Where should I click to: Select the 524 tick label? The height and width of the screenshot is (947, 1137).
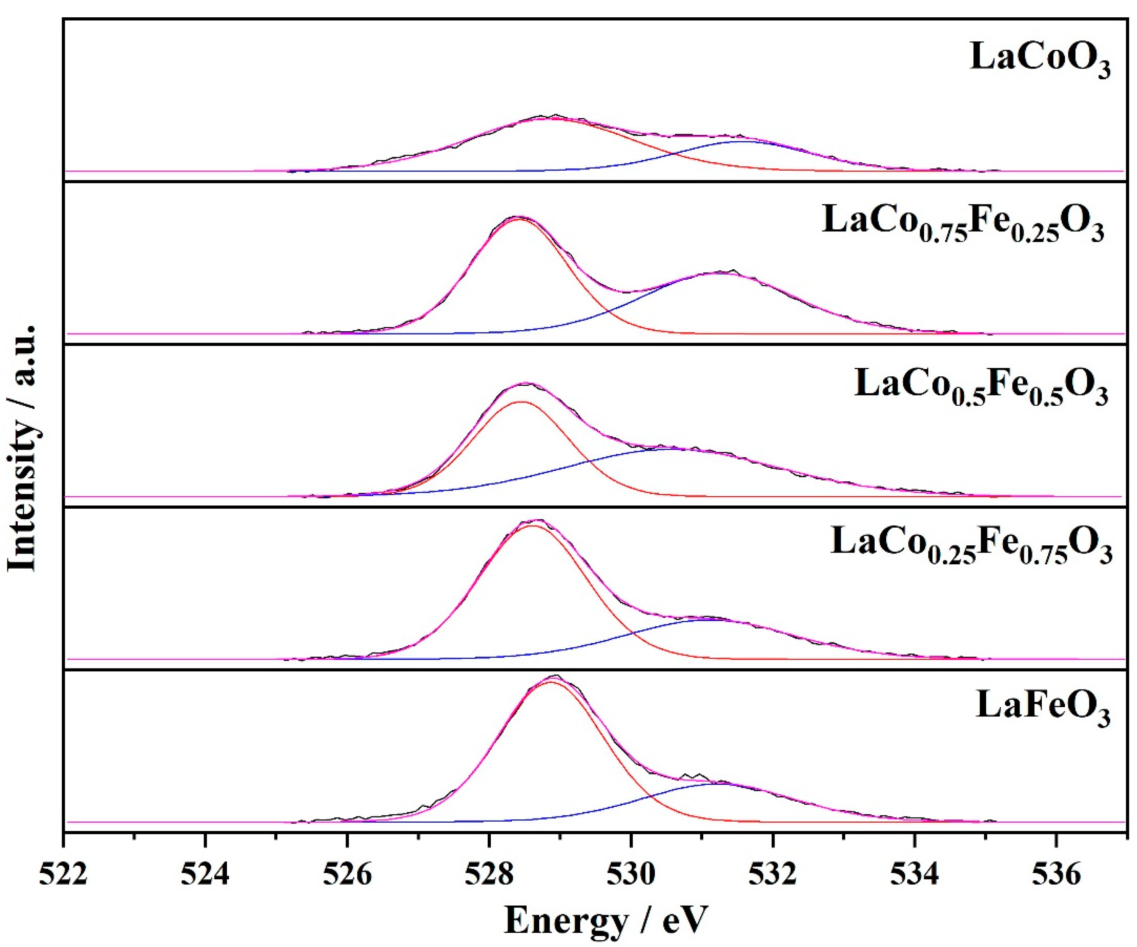(205, 875)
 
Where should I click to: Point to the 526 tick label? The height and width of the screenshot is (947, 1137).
(347, 875)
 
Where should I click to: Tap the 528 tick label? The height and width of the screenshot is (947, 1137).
(489, 875)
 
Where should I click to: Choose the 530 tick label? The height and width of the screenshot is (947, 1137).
(631, 875)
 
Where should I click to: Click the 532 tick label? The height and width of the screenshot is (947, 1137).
(773, 875)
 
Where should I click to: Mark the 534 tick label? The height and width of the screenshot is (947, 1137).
(915, 875)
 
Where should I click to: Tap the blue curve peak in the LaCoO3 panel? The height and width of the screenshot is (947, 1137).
(746, 141)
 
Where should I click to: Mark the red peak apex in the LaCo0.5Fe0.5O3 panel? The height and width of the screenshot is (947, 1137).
(521, 402)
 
